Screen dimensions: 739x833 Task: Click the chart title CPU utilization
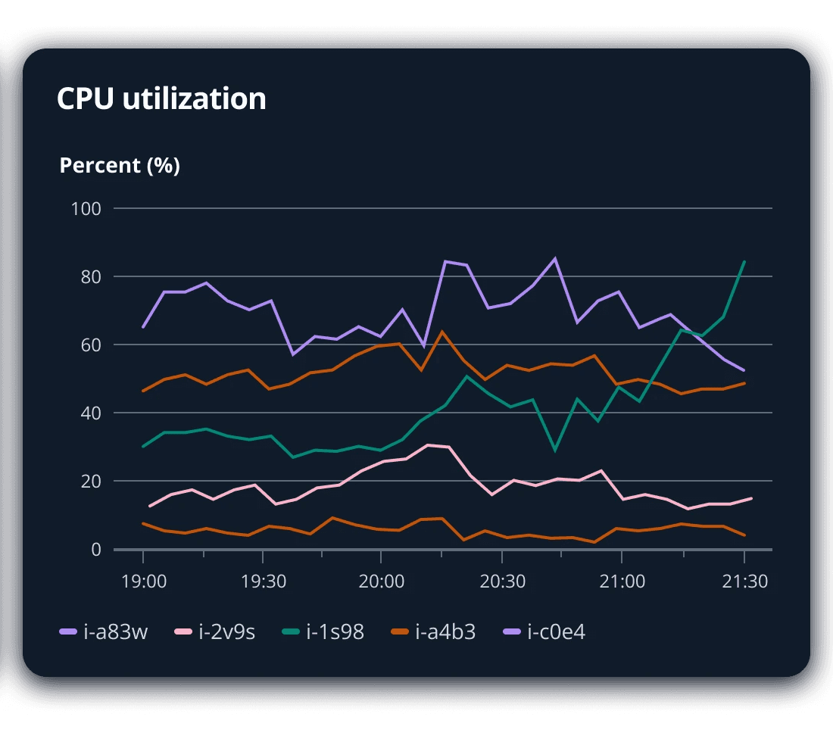(161, 99)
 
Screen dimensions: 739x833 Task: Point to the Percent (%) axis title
(120, 165)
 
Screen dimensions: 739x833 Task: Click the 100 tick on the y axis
(86, 208)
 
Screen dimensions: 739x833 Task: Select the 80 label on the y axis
(90, 276)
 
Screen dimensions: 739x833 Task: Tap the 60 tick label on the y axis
(90, 345)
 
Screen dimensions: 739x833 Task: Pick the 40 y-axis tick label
(90, 413)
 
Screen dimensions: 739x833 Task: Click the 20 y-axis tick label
(90, 481)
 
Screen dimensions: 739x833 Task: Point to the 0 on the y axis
(96, 549)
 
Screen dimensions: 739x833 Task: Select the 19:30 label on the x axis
(262, 582)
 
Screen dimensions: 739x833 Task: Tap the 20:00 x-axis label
(380, 582)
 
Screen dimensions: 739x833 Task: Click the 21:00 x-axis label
(621, 582)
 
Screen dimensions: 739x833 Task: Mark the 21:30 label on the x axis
(744, 582)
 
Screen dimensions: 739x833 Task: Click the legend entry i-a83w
(105, 631)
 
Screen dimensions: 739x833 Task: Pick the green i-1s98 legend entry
(324, 631)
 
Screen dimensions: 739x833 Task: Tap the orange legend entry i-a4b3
(434, 631)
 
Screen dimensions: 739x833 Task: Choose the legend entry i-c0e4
(545, 631)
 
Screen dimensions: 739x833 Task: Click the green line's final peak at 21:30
(744, 262)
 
